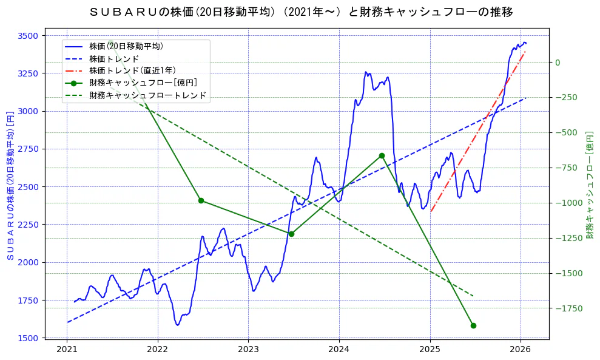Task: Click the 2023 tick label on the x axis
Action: (x=248, y=349)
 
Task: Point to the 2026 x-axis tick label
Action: (x=521, y=349)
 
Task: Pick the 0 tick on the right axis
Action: (x=557, y=63)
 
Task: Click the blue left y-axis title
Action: (x=10, y=186)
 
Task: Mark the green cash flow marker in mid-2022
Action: (x=201, y=200)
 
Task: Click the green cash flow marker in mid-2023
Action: (x=291, y=234)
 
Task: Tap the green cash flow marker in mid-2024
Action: (x=382, y=155)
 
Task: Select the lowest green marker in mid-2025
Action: (x=473, y=325)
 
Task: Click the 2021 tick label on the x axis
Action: (x=67, y=349)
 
